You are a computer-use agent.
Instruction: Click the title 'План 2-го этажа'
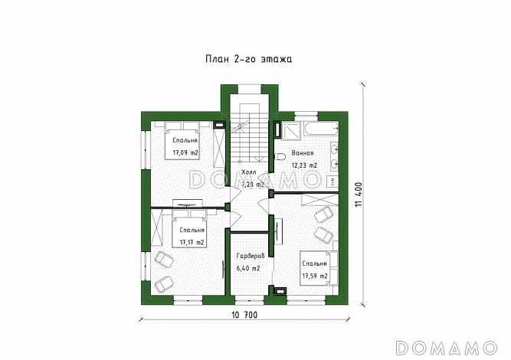[249, 59]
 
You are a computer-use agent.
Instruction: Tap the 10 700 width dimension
[244, 315]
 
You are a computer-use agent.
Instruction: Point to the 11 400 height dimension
[359, 195]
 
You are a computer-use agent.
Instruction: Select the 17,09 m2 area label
[185, 152]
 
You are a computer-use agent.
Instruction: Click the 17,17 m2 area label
[192, 242]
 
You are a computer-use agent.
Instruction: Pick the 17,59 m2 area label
[315, 276]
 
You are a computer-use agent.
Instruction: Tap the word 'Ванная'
[303, 153]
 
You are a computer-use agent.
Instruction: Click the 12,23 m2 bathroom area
[304, 165]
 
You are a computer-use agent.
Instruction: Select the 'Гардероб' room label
[251, 256]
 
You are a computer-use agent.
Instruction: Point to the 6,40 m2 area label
[248, 268]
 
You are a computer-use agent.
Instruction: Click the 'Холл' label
[249, 172]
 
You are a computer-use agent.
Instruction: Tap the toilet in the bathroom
[280, 157]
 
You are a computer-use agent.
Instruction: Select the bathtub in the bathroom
[321, 129]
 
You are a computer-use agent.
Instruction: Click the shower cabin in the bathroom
[291, 130]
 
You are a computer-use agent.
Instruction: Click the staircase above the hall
[249, 133]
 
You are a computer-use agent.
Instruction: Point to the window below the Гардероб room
[249, 300]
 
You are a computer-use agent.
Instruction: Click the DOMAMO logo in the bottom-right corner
[446, 348]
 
